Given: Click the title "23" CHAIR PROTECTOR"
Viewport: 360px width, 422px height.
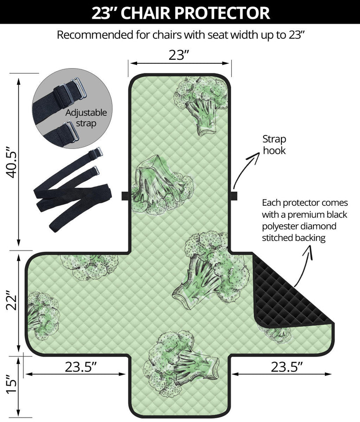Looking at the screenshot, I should pyautogui.click(x=180, y=13).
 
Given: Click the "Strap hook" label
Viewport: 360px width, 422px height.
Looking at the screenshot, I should pyautogui.click(x=274, y=145).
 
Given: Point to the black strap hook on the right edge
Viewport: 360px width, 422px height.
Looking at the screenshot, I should pyautogui.click(x=233, y=196).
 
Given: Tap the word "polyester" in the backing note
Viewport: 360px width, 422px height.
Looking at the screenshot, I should pyautogui.click(x=282, y=226).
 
